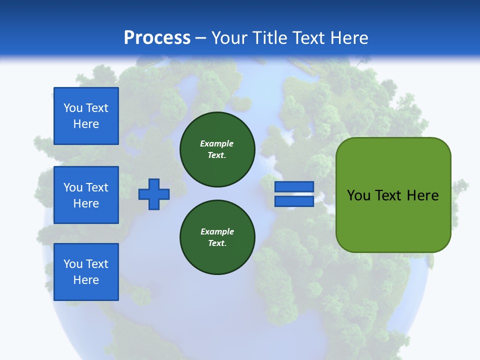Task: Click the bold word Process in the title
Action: (x=157, y=38)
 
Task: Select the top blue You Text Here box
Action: (x=86, y=116)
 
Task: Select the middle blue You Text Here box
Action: (x=86, y=195)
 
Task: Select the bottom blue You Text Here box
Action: (x=86, y=272)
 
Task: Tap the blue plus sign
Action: (x=154, y=194)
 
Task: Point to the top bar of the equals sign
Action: (x=294, y=186)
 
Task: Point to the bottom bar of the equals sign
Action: (x=294, y=201)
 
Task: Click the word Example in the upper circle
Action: (x=217, y=143)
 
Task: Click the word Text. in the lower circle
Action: (x=217, y=243)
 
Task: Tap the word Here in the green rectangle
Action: (x=422, y=195)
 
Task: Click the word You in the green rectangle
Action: (x=358, y=195)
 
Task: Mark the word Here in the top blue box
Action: (x=86, y=124)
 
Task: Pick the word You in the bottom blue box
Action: (x=72, y=264)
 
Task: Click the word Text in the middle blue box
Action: (x=96, y=187)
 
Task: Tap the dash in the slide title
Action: (x=201, y=38)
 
